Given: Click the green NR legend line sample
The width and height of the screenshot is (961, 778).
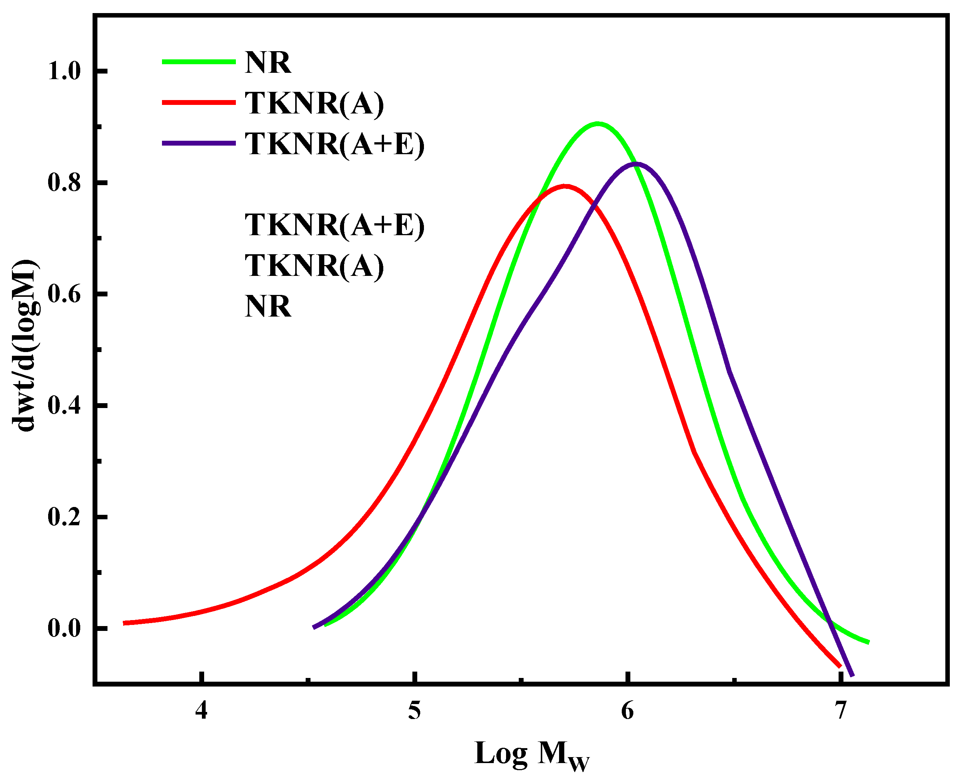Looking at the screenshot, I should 199,62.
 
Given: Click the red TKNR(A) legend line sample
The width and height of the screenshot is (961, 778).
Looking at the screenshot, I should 199,103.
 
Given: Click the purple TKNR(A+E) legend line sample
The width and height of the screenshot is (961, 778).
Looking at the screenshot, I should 199,143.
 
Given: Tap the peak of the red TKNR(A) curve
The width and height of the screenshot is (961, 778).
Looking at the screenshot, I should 565,186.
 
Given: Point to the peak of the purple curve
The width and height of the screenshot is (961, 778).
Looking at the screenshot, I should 635,164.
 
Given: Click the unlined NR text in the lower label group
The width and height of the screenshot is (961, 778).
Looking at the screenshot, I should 268,306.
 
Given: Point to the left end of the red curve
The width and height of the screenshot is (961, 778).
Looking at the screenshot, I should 125,623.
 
